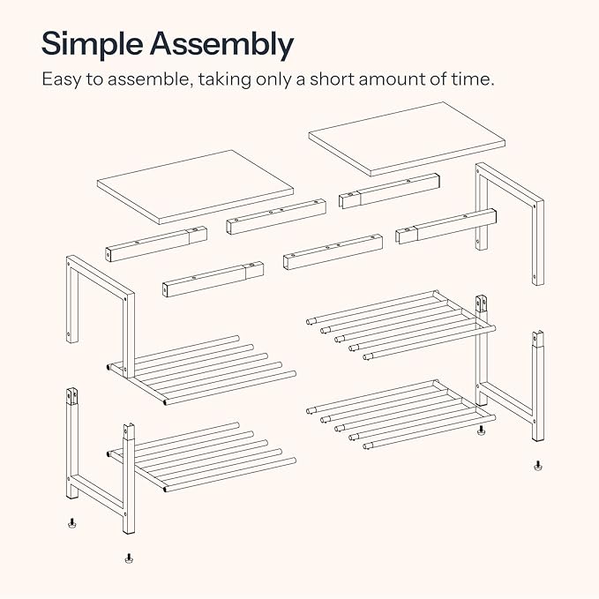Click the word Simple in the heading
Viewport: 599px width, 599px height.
pos(92,44)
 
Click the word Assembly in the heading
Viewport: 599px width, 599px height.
pos(221,44)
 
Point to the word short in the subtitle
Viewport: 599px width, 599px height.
pos(332,79)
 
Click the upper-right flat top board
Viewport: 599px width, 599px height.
pos(407,139)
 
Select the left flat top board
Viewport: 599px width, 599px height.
pos(195,187)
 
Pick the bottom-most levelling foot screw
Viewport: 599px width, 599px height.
pos(129,558)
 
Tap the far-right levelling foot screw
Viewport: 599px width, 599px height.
pos(538,466)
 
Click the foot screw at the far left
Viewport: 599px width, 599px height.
pos(71,523)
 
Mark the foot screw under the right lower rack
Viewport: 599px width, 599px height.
pos(481,431)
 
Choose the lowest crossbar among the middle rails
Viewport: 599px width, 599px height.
pos(213,279)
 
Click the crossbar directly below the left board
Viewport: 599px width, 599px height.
pos(156,243)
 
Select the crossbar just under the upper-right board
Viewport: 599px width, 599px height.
pos(389,191)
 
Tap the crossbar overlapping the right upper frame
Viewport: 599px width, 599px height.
pos(446,226)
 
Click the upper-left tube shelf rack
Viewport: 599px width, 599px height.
pos(202,371)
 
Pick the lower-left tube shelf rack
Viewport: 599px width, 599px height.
pos(202,457)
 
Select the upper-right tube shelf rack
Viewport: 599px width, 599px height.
pos(401,326)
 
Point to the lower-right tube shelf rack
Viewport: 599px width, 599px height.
pos(401,415)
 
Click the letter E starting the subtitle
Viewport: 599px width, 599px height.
pos(47,79)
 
